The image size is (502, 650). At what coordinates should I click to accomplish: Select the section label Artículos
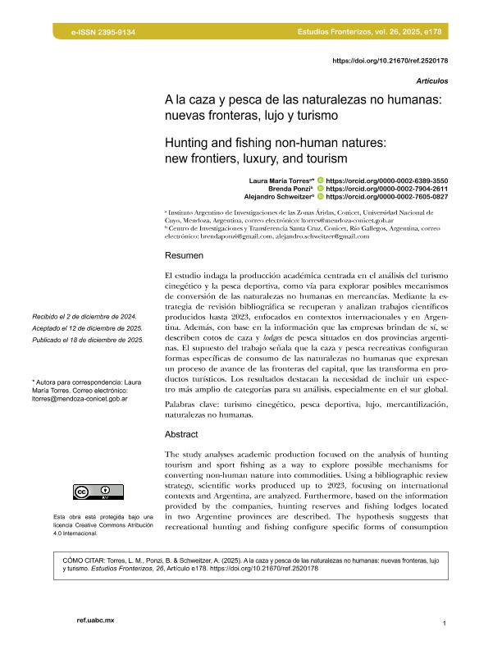pyautogui.click(x=431, y=81)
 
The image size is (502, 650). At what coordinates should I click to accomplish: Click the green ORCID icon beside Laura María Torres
pyautogui.click(x=320, y=179)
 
